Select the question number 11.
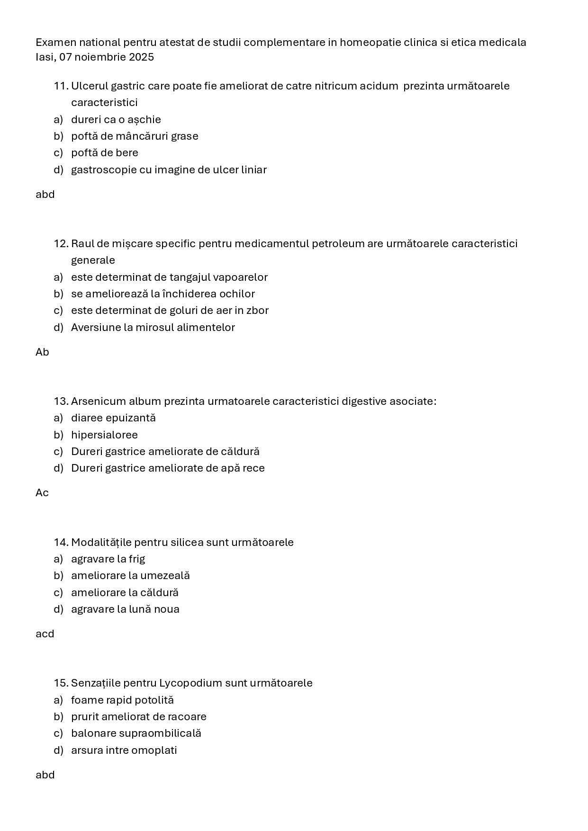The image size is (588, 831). pos(61,86)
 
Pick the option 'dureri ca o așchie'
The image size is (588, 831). pos(116,120)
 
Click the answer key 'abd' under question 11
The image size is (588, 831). pos(45,195)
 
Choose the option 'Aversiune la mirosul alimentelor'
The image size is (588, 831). pos(153,328)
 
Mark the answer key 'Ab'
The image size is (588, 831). pos(42,352)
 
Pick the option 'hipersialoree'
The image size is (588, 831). pos(104,435)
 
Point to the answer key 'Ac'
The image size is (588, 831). pos(42,493)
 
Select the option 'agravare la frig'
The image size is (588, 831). pos(108,559)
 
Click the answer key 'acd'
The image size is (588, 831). pos(45,634)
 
